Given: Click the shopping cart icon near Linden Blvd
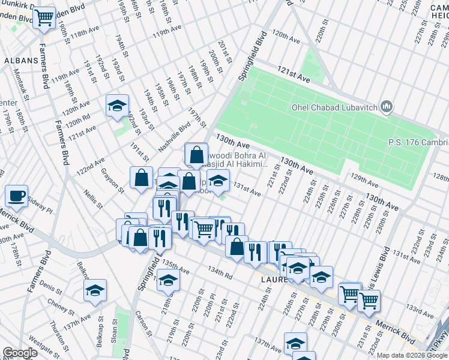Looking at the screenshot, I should pos(44,18).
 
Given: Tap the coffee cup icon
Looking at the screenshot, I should pos(16,195).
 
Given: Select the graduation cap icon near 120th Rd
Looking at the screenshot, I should pos(116,106).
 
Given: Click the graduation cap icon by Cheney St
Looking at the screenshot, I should pos(95,290).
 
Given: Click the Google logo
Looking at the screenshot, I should pos(20,353).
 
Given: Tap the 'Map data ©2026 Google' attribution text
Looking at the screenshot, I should pos(412,355).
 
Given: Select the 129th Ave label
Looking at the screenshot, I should pos(367,178).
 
